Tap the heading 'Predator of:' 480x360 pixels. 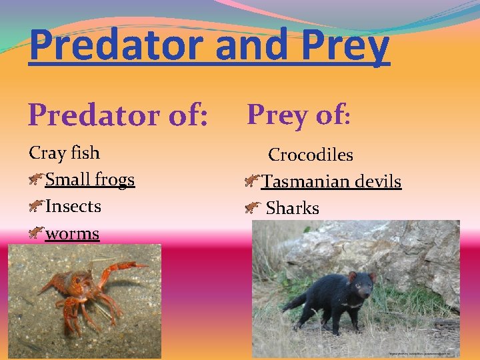[119, 115]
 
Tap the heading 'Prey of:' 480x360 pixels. [298, 115]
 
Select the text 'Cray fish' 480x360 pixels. [64, 153]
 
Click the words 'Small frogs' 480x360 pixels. [90, 179]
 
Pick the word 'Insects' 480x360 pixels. [73, 206]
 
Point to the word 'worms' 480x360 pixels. [72, 233]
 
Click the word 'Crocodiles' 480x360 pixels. [311, 155]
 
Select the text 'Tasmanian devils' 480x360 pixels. [331, 181]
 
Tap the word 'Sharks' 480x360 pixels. [293, 208]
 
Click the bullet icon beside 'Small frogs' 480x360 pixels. [37, 179]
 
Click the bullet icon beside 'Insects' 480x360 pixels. [37, 206]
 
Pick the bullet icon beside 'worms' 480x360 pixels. [37, 233]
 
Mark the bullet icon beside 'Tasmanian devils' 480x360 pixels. [252, 181]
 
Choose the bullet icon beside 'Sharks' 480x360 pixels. [252, 208]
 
